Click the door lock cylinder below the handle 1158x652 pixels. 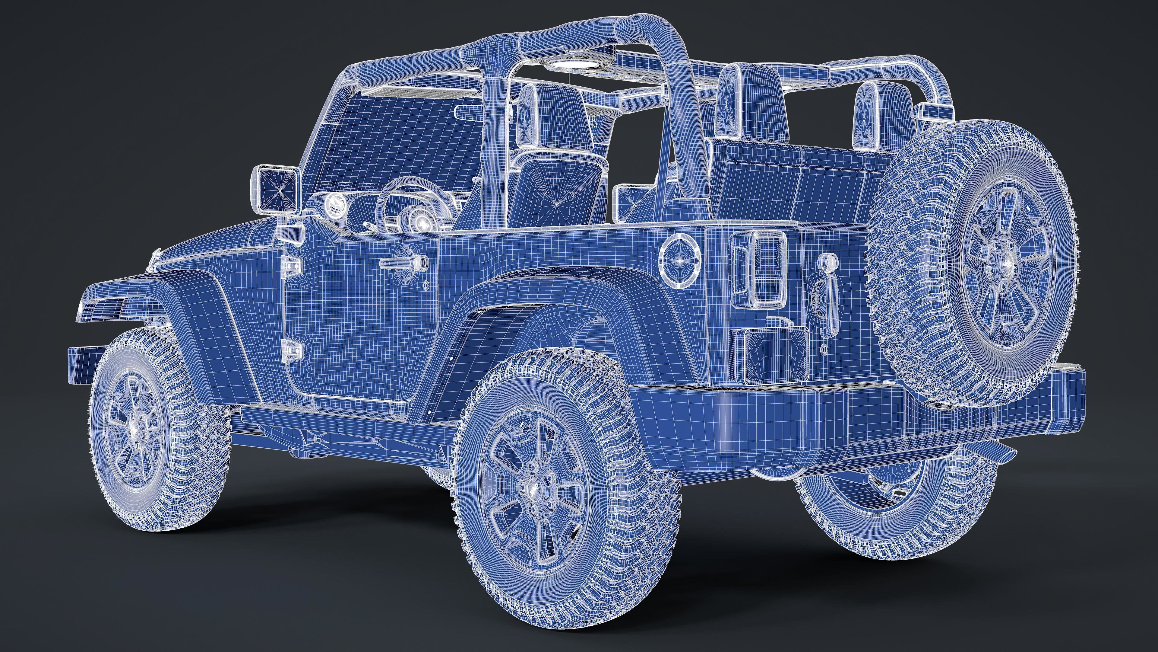pyautogui.click(x=425, y=285)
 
